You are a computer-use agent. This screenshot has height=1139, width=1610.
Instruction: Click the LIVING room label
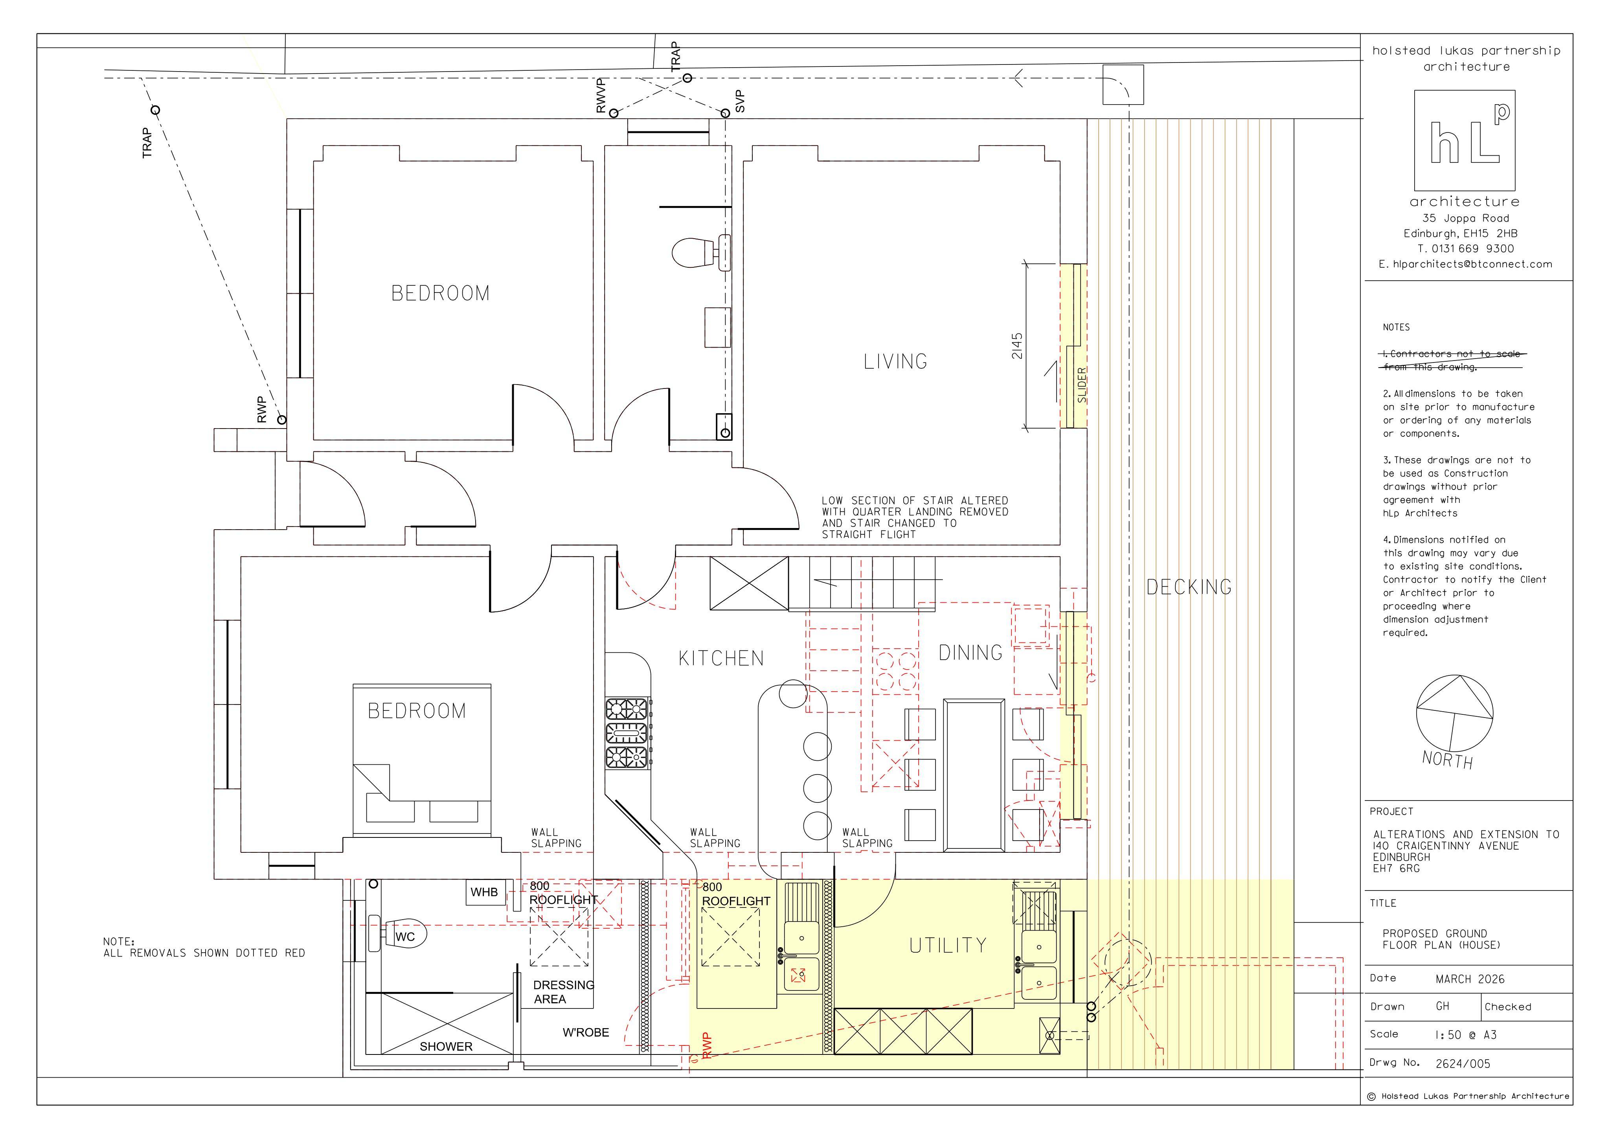click(895, 361)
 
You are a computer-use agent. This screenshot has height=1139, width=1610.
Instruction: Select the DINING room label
click(970, 653)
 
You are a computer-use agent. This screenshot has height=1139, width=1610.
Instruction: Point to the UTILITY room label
click(948, 946)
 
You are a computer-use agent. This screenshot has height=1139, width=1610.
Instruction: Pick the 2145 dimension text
click(1017, 346)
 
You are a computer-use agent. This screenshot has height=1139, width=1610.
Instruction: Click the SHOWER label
click(446, 1047)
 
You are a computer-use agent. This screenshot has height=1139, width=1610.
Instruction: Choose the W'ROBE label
click(586, 1032)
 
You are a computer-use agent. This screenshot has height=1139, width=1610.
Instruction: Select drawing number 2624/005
click(1463, 1063)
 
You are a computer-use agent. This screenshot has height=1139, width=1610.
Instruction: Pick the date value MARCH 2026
click(1470, 979)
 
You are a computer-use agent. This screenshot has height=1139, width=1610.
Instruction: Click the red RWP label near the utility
click(707, 1045)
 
